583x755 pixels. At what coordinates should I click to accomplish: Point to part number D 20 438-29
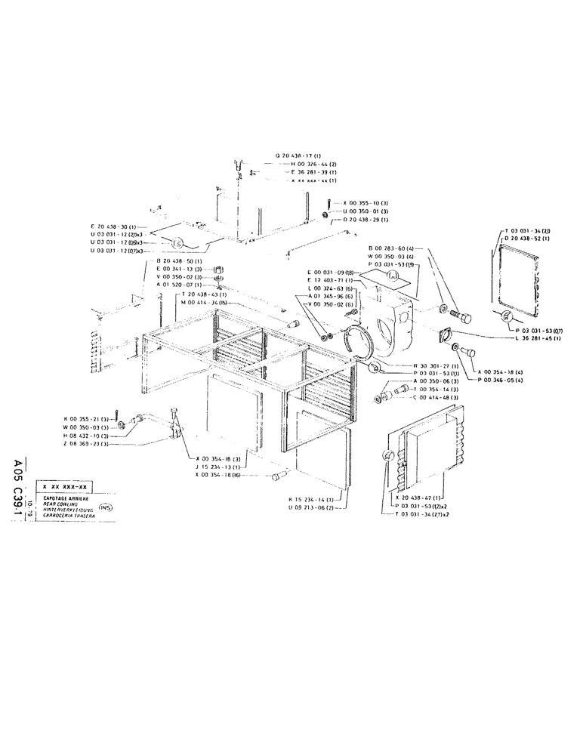(366, 219)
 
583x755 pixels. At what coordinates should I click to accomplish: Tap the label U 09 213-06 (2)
(314, 507)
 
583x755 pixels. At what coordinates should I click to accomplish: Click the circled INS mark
(105, 507)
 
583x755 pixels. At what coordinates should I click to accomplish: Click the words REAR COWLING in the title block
(57, 504)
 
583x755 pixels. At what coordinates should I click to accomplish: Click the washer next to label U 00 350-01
(325, 214)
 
